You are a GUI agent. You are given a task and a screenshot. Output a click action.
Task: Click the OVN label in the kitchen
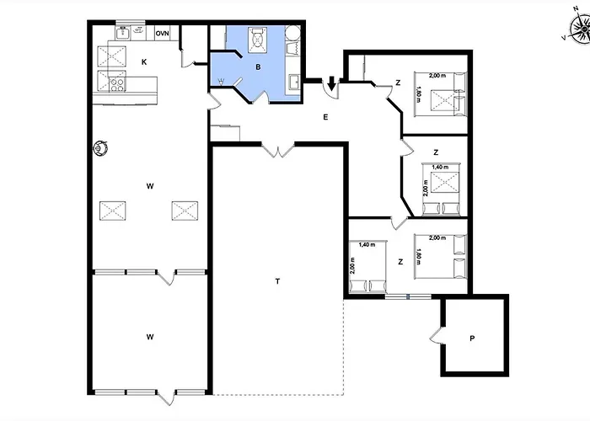tap(162, 34)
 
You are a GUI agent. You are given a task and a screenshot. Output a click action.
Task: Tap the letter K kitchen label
tap(144, 62)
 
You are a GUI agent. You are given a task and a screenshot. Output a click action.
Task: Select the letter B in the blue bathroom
tap(258, 67)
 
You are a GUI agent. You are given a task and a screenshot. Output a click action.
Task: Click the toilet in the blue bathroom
tap(258, 39)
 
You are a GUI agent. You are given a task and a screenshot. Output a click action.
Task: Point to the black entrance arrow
tap(331, 83)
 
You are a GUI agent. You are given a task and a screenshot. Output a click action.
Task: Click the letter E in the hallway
tap(325, 117)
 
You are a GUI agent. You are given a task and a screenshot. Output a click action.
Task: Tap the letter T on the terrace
tap(277, 281)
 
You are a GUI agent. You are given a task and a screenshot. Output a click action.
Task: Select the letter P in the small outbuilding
tap(472, 338)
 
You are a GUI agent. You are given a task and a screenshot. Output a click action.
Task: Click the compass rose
tap(579, 29)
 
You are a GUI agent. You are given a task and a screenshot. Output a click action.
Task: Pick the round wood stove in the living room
tap(100, 147)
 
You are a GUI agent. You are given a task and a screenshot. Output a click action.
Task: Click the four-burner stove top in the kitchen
tap(117, 84)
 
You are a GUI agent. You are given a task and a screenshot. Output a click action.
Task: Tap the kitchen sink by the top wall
tap(123, 33)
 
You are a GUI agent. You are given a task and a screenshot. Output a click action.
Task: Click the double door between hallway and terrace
tap(277, 150)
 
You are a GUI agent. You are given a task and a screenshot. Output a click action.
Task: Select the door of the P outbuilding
tap(437, 335)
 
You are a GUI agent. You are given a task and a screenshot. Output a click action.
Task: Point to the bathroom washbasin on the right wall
tap(294, 82)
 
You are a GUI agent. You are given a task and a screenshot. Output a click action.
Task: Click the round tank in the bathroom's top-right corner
tap(292, 33)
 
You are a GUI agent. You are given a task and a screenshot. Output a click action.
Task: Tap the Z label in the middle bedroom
tap(436, 152)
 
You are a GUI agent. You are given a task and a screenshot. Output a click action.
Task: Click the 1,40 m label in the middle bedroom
tap(440, 167)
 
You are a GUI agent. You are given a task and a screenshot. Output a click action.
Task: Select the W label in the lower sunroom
tap(150, 337)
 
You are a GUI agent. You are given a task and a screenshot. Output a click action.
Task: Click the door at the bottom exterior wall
tap(166, 397)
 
